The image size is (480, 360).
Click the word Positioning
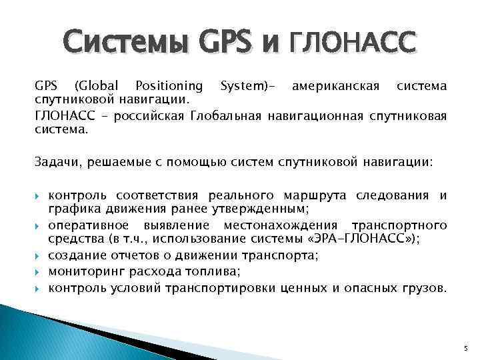pos(169,85)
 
